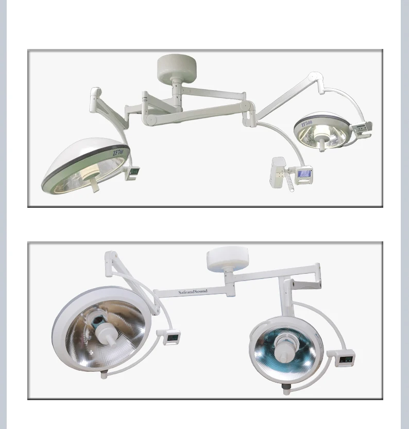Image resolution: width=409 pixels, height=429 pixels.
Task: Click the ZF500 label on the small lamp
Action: [306, 124]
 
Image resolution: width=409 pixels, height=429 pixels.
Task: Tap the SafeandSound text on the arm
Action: [193, 292]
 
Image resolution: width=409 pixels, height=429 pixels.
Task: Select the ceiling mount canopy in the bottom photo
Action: [227, 259]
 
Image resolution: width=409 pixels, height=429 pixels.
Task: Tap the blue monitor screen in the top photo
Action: [304, 174]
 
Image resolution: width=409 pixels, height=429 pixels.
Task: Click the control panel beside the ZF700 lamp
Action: [133, 172]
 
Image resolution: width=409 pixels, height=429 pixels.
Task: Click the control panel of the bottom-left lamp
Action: [172, 338]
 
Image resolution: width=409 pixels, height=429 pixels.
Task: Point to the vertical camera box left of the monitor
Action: [279, 173]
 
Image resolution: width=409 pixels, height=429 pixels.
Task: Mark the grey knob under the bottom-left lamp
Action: [105, 374]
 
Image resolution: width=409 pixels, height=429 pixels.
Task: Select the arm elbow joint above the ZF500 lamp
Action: [314, 78]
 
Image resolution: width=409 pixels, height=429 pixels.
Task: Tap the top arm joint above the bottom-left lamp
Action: [110, 256]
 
